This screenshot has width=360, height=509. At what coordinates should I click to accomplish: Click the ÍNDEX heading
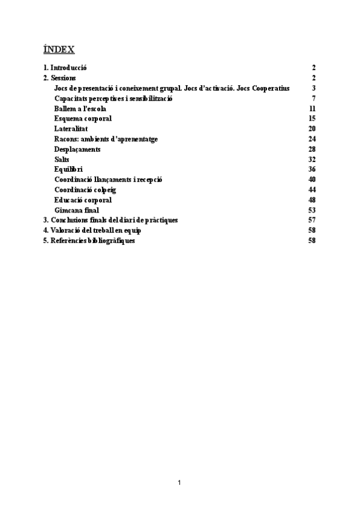coord(59,49)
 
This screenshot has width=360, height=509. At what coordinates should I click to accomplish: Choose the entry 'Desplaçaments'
coord(77,149)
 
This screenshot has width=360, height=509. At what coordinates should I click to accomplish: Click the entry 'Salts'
coord(62,159)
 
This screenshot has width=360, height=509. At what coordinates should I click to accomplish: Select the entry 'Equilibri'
coord(68,169)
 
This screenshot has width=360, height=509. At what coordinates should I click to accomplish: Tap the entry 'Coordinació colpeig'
coord(85,190)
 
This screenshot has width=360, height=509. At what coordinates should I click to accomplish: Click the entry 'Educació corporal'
coord(83,200)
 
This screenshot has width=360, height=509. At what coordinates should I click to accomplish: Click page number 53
coord(312,210)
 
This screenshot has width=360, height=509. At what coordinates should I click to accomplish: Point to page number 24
coord(312,139)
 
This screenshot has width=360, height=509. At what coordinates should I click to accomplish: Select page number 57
coord(312,220)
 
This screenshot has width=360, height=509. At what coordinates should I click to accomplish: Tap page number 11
coord(312,108)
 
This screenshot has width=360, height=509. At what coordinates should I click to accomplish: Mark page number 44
coord(312,190)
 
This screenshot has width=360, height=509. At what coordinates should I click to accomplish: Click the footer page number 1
coord(179,482)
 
